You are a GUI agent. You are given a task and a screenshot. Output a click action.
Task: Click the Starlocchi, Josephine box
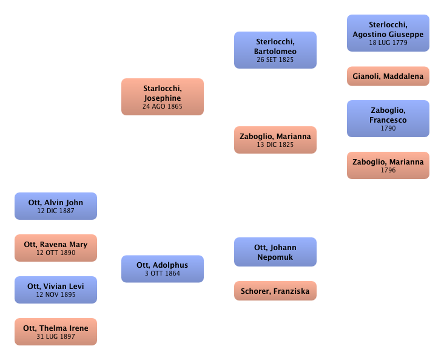[163, 96]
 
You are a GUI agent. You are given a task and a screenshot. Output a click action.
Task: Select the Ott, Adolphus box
[163, 268]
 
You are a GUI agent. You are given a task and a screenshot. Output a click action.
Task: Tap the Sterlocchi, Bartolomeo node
[275, 50]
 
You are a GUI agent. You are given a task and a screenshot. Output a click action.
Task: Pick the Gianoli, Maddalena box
[388, 76]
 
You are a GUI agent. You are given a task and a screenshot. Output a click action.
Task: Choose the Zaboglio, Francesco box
[388, 118]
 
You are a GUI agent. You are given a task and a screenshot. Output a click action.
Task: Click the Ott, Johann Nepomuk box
[275, 252]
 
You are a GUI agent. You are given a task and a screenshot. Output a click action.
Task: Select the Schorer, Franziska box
[275, 291]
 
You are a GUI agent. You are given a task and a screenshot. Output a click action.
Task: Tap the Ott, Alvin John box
[56, 206]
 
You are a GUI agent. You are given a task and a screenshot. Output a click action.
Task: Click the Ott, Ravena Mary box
[56, 248]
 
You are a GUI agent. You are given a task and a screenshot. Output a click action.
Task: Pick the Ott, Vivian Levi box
[56, 290]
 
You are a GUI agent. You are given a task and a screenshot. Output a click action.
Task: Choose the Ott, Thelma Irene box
[56, 331]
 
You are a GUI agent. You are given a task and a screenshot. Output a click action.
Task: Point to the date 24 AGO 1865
[163, 106]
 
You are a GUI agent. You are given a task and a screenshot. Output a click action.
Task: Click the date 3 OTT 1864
[163, 274]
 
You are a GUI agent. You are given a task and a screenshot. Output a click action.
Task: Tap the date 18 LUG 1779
[388, 43]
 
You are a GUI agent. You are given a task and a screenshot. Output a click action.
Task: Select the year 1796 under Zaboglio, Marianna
[388, 171]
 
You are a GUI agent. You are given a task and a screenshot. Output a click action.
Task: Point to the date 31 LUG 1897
[56, 337]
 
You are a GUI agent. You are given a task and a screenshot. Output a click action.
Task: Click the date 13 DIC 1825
[275, 145]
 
